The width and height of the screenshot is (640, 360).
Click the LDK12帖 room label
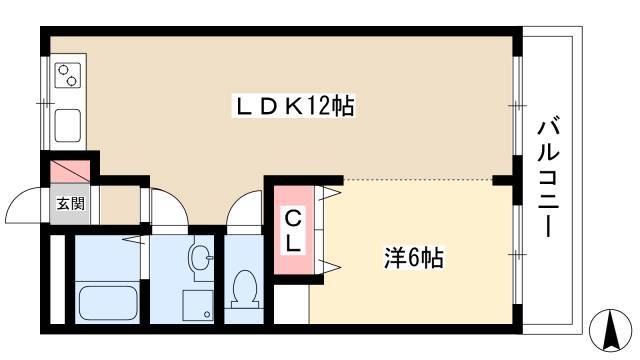(x=294, y=106)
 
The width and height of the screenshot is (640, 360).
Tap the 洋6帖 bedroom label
(x=413, y=258)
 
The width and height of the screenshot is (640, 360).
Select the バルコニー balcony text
(x=547, y=177)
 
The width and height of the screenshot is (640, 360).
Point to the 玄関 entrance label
(x=71, y=203)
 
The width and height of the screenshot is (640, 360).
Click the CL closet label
(x=293, y=231)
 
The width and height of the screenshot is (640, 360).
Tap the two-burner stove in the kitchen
(x=68, y=76)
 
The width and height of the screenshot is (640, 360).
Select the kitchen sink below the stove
(x=67, y=126)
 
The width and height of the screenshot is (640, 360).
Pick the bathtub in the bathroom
(x=108, y=303)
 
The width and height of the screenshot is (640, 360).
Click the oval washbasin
(x=200, y=258)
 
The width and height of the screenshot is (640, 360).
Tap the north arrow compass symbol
(x=611, y=330)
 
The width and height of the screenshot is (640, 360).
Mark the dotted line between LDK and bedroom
(x=417, y=179)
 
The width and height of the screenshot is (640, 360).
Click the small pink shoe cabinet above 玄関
(x=70, y=171)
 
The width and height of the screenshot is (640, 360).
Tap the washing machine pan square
(x=198, y=305)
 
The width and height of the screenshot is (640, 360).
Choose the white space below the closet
(x=291, y=304)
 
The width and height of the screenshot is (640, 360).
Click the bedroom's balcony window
(x=517, y=254)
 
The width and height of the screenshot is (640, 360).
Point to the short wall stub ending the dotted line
(x=502, y=180)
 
